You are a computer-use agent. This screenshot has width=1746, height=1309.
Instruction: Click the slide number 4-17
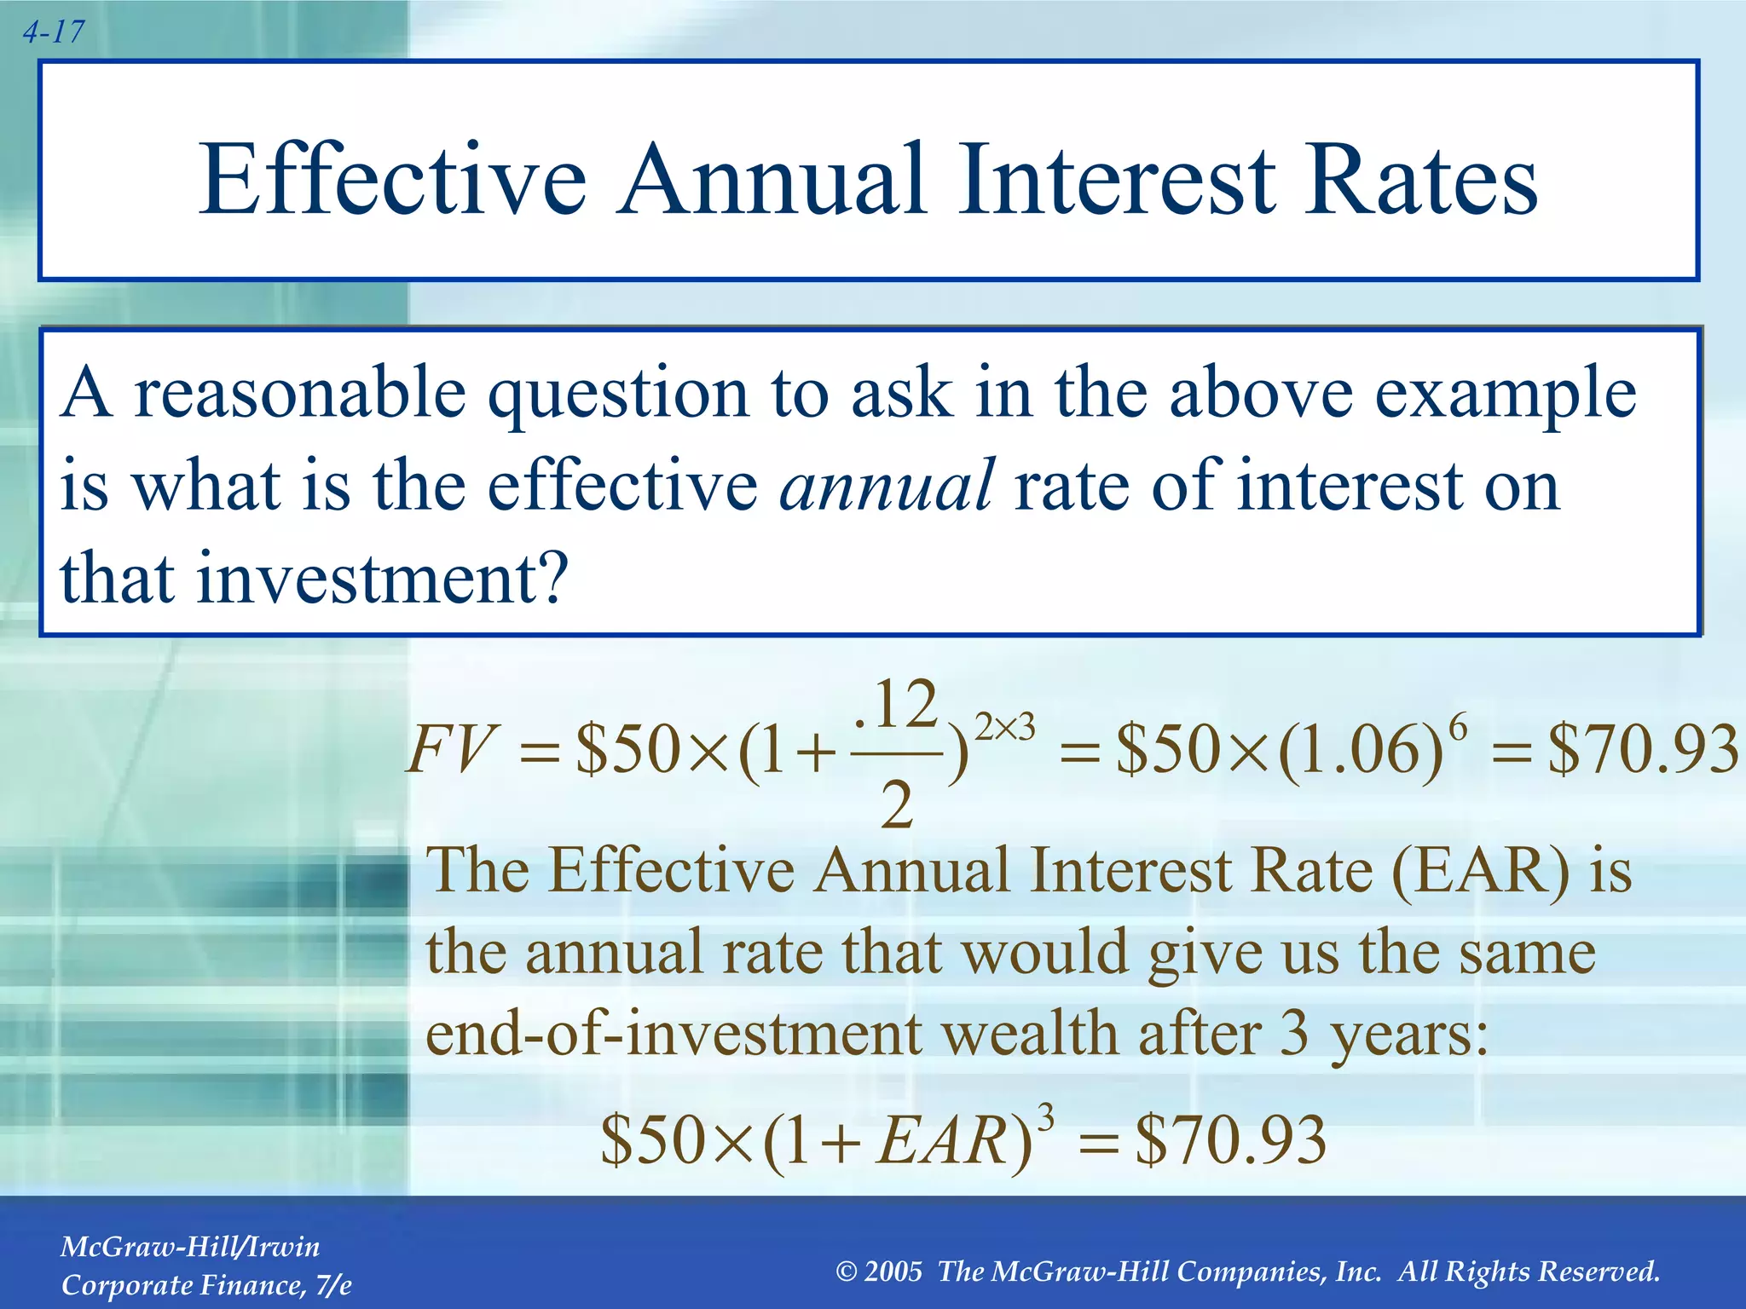pos(53,32)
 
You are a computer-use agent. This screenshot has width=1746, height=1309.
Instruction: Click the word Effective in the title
pos(392,181)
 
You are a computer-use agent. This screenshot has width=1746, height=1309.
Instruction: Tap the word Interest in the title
pos(1117,181)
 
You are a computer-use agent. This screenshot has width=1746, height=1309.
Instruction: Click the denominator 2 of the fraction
pos(896,805)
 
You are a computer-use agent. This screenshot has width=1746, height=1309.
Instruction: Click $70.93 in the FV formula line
pos(1642,750)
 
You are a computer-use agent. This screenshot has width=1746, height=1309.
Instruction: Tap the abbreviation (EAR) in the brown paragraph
pos(1480,871)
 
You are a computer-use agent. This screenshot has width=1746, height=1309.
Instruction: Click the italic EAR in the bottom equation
pos(943,1140)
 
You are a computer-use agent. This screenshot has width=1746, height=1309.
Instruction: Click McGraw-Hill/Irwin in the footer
pos(190,1247)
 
